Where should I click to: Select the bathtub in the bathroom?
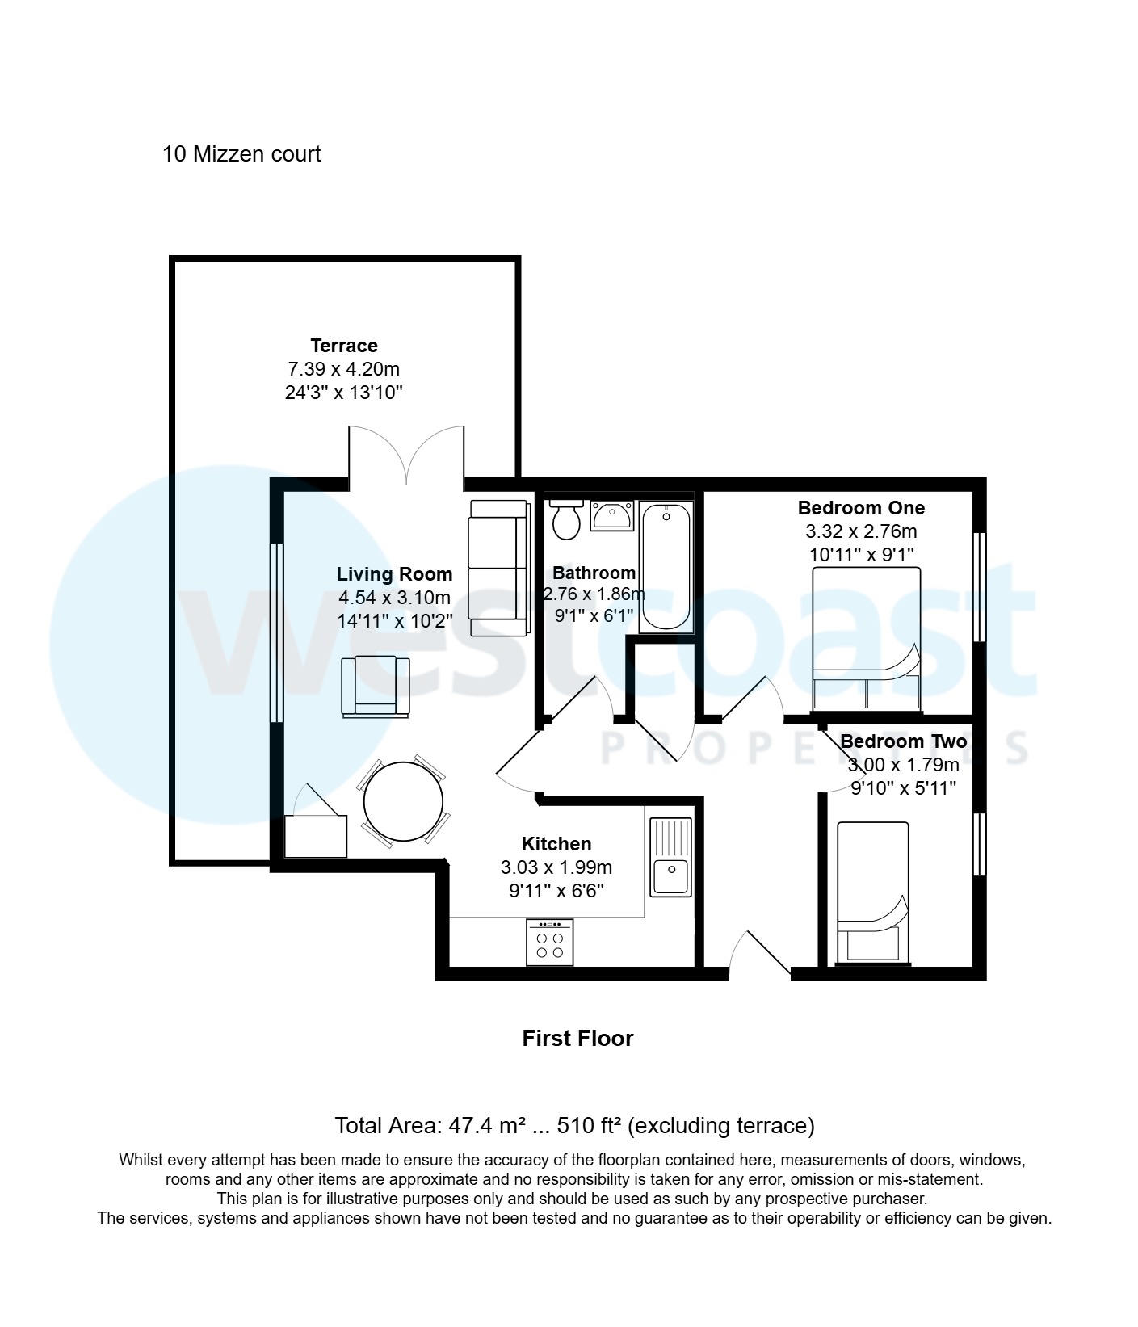click(666, 565)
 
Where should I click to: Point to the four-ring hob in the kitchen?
click(549, 943)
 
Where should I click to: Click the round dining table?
click(403, 801)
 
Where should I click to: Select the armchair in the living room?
click(375, 687)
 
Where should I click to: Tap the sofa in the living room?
click(498, 567)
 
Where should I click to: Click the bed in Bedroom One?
click(866, 638)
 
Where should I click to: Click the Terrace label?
click(344, 346)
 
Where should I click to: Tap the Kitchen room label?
click(556, 844)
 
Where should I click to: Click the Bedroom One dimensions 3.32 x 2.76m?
click(861, 531)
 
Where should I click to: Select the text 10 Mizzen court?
click(241, 154)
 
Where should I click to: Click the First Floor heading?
click(577, 1039)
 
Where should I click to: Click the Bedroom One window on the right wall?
click(979, 586)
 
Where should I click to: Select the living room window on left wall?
click(276, 632)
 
